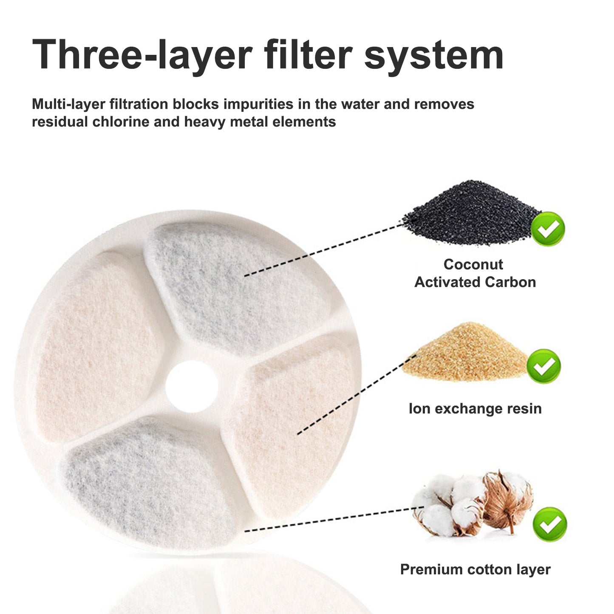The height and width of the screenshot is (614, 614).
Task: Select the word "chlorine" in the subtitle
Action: [121, 122]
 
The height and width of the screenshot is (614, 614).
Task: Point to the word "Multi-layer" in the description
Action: [68, 105]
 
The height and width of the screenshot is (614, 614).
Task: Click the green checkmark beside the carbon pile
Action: [548, 229]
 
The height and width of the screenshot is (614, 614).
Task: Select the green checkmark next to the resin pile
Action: [543, 366]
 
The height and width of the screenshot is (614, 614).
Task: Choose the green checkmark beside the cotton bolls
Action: [550, 524]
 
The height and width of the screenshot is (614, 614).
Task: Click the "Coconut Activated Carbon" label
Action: [475, 273]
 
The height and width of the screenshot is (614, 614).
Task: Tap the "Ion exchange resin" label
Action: [475, 409]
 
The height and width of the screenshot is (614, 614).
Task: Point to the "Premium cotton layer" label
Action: [475, 570]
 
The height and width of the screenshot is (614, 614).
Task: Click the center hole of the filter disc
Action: [192, 387]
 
